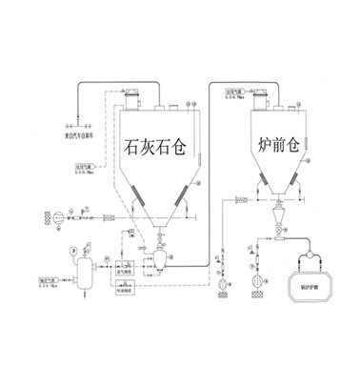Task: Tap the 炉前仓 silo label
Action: click(281, 147)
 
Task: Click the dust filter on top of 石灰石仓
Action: click(132, 95)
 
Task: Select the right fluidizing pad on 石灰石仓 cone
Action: click(180, 202)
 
